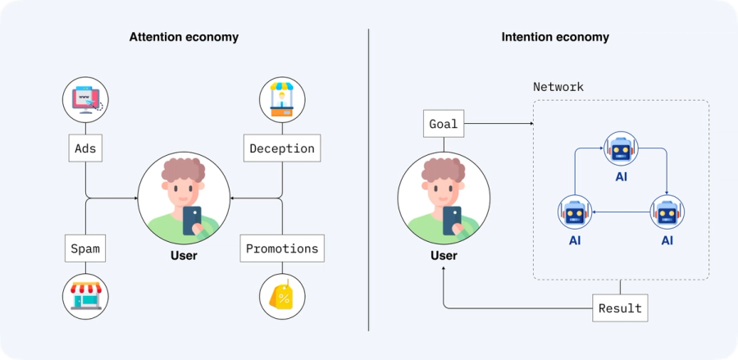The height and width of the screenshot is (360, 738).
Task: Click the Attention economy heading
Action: [184, 37]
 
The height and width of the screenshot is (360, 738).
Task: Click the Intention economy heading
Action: [555, 37]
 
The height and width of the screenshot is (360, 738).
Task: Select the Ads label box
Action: [85, 148]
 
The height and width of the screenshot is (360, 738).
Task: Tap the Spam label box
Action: [85, 247]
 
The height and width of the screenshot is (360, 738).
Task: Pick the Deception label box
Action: [282, 148]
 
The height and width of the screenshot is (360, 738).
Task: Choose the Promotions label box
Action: [282, 248]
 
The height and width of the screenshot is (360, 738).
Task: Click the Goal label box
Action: [444, 125]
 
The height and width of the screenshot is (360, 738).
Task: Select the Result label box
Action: [620, 308]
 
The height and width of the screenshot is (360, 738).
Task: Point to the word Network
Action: [558, 86]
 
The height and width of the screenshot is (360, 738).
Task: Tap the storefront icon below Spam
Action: [85, 296]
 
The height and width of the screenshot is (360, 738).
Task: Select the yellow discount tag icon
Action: [282, 296]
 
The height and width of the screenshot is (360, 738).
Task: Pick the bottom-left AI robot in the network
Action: [575, 212]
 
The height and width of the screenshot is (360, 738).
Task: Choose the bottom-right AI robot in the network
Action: [667, 212]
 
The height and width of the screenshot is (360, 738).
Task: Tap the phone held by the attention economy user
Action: [191, 220]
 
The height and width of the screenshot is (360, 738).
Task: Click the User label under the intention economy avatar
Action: [444, 256]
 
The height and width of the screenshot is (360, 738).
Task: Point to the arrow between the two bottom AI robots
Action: [621, 212]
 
